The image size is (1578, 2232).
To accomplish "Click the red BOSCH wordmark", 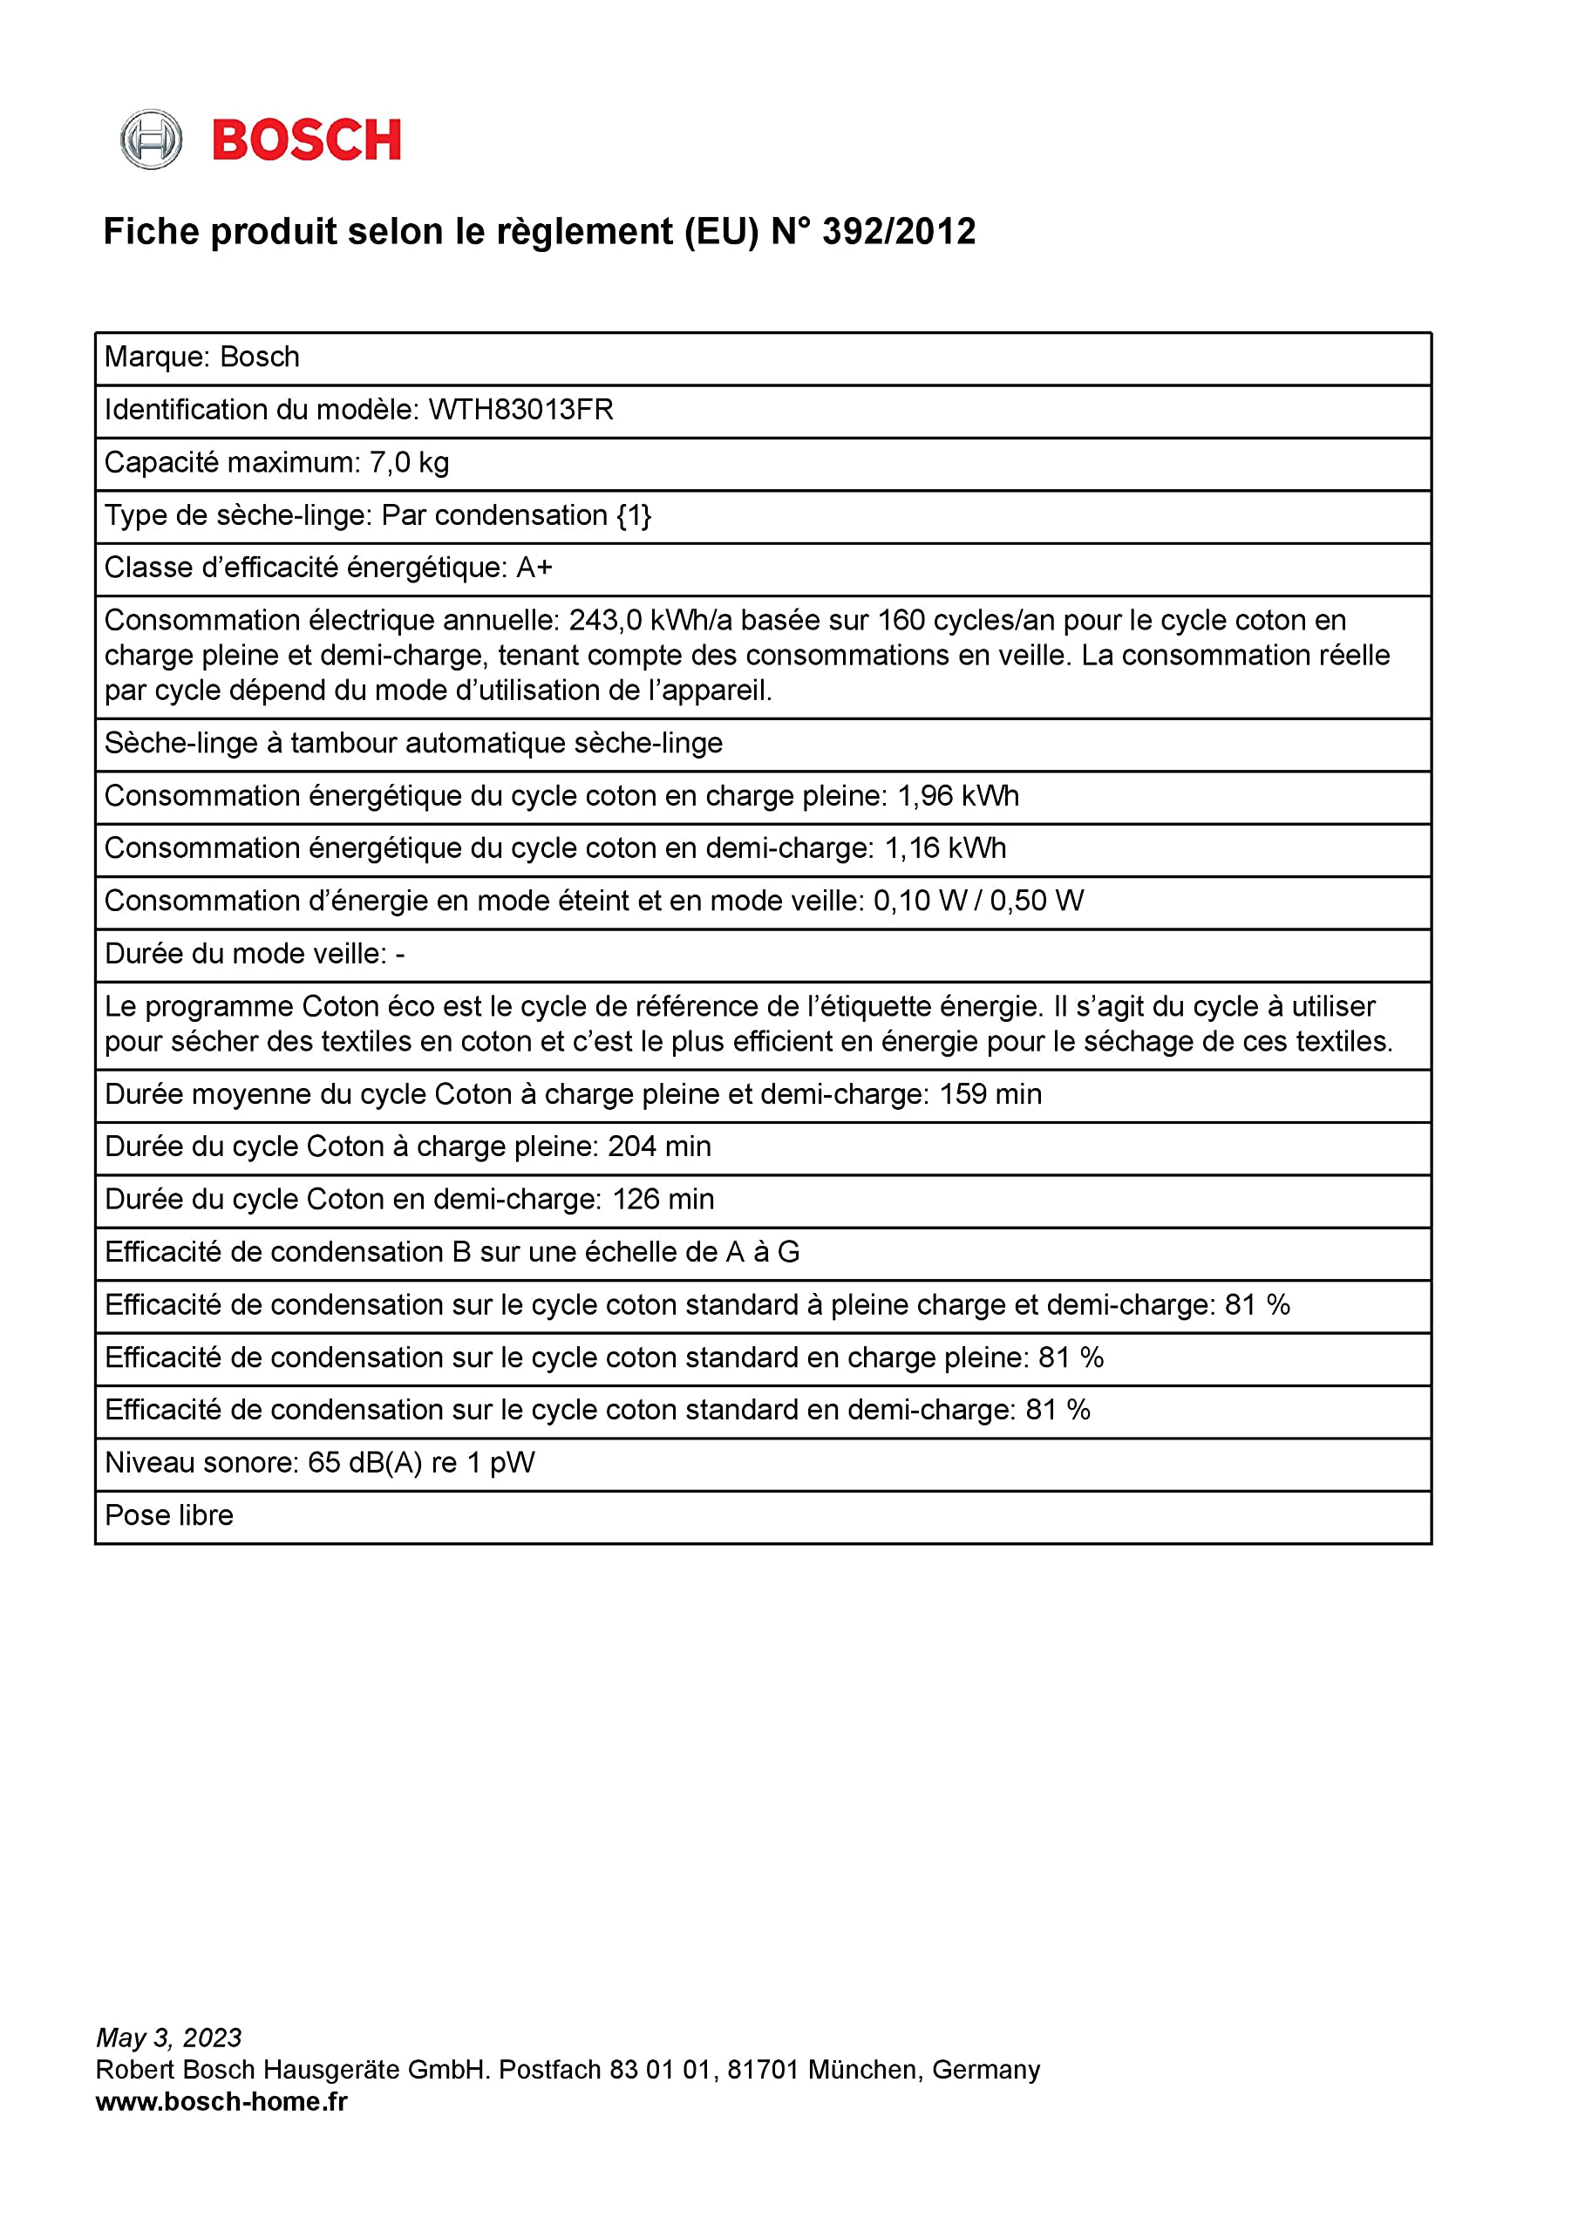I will coord(306,140).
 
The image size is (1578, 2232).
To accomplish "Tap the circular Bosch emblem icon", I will coord(151,140).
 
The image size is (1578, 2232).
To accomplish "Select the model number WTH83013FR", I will coord(521,411).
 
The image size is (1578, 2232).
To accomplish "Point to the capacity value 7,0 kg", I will coord(408,463).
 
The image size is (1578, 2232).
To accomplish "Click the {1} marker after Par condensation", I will coord(634,515).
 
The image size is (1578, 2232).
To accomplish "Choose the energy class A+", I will coord(534,568).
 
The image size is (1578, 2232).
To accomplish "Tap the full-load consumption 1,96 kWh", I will coord(957,796).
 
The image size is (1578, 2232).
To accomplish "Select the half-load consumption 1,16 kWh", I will coord(945,848).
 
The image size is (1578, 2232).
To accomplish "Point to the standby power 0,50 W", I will coord(1037,902).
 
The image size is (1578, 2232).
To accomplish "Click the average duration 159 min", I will coord(990,1094).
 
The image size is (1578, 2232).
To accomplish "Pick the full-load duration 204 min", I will coord(659,1147).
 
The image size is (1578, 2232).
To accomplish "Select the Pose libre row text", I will coord(169,1515).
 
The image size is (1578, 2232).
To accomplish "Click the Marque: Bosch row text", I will coord(202,357).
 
